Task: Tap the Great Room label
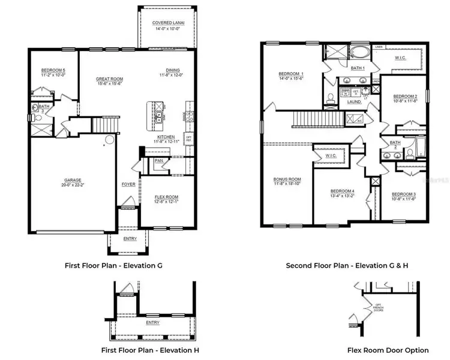coord(110,79)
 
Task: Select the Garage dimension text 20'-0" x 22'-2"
coord(77,185)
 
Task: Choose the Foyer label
coord(128,184)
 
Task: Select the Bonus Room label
coord(286,179)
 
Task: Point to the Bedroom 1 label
coord(290,72)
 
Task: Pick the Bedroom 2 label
coord(405,96)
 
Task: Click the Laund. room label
coord(354,102)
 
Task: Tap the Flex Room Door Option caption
coord(388,350)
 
